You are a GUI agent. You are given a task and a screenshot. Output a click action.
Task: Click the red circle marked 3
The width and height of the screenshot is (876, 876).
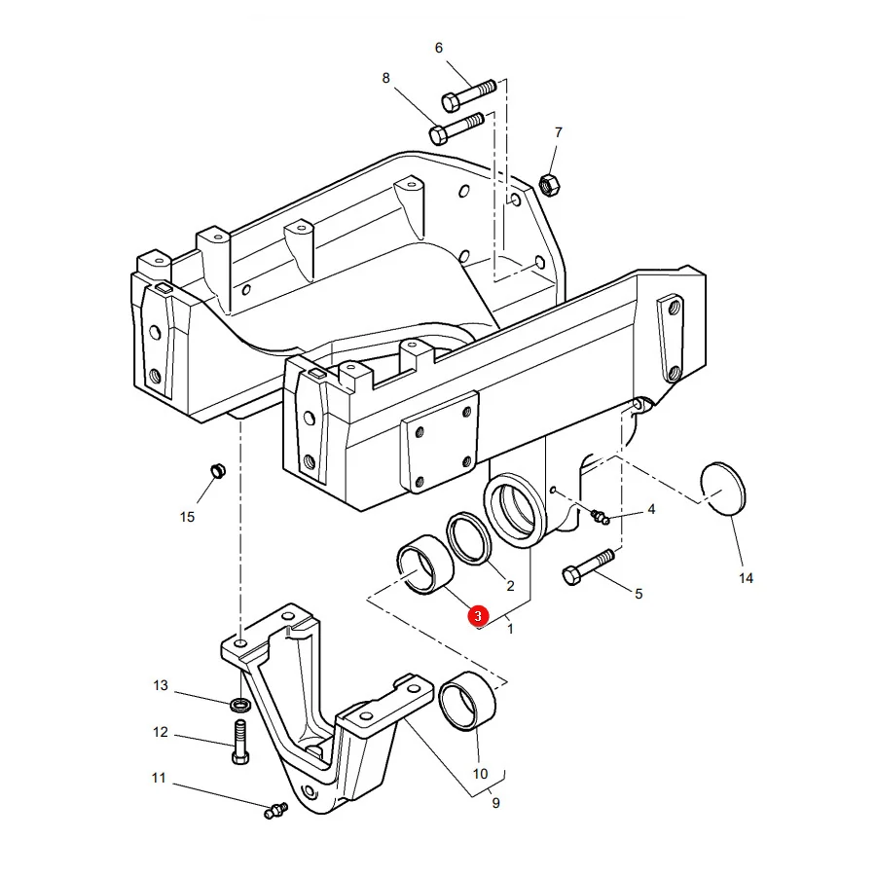(478, 616)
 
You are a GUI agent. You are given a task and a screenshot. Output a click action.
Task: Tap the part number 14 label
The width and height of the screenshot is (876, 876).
(746, 578)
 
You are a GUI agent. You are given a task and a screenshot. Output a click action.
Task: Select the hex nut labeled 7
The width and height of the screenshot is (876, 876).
(549, 185)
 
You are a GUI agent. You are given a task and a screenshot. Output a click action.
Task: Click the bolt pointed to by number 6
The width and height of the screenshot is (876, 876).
(469, 95)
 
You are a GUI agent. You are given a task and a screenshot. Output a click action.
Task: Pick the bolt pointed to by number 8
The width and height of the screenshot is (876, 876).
(456, 128)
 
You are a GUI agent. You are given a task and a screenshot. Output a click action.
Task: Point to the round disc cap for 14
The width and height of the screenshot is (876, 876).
(723, 487)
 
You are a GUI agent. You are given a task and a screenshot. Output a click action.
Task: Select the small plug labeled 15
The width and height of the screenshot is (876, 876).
(217, 471)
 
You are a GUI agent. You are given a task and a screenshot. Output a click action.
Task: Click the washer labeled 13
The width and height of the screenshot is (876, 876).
(240, 705)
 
